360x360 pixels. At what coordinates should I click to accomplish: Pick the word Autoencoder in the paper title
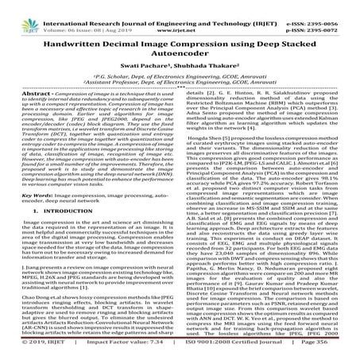pos(180,58)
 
